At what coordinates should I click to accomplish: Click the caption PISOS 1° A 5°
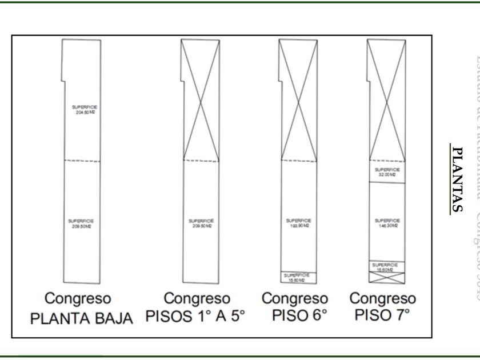click(198, 318)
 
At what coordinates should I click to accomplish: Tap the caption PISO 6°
click(295, 318)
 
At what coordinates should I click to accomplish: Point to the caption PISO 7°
click(382, 318)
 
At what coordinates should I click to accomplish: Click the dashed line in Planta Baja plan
click(82, 161)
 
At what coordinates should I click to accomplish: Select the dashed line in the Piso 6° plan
click(297, 161)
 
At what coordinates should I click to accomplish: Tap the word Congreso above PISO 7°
click(382, 299)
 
